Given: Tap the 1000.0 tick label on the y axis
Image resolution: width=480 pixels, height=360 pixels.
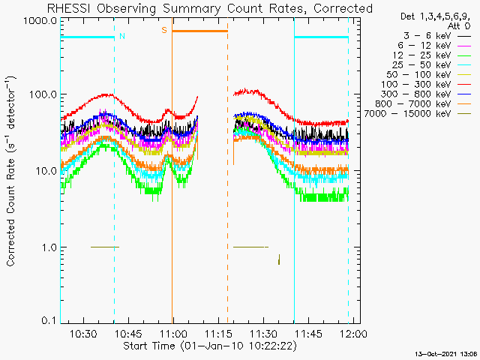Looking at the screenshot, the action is (40, 21).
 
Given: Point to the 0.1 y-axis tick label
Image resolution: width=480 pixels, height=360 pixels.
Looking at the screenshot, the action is (49, 320).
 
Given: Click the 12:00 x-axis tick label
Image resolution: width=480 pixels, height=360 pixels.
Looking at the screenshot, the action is (354, 333).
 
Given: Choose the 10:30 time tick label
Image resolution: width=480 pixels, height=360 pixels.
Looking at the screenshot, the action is (83, 333).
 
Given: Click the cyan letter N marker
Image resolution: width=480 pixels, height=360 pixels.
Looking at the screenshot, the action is (122, 36).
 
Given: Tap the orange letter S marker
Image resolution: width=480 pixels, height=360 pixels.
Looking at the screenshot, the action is (164, 30).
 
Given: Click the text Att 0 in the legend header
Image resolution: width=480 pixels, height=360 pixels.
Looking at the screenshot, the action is (458, 26).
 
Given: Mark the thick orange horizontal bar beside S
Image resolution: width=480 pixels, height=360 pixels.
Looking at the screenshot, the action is (199, 31).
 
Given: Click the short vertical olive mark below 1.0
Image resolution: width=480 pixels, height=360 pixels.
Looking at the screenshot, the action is (279, 259).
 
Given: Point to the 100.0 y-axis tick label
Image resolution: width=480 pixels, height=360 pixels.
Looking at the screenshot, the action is (43, 94).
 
